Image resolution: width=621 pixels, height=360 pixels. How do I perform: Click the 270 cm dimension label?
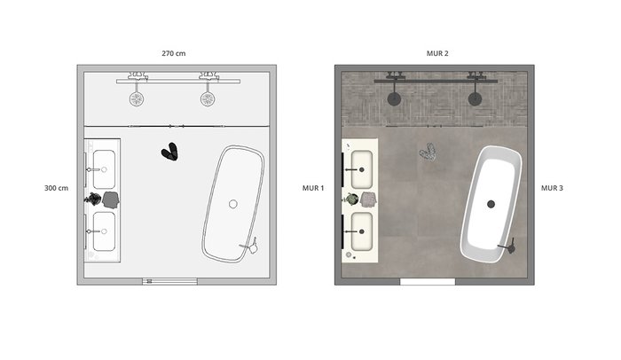point(174,53)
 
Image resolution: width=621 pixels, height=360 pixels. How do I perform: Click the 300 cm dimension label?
point(56,188)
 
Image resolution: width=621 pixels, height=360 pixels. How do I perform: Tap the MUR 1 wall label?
point(313,188)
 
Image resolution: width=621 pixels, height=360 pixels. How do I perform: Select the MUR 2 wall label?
point(437,53)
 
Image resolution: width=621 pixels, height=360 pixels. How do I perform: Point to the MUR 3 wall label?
point(552,188)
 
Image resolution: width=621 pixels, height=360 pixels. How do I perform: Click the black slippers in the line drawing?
point(170,152)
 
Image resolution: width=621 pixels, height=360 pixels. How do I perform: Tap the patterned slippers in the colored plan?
point(428,153)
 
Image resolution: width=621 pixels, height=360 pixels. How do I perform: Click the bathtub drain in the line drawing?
point(233,204)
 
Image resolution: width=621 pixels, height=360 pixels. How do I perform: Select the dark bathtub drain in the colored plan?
point(491,204)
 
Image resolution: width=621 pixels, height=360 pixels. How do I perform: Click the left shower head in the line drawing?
point(137,98)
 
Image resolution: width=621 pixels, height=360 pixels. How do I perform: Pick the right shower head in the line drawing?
point(208,98)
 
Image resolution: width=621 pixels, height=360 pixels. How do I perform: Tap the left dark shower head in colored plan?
point(394,98)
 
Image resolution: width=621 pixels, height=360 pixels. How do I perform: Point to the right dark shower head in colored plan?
point(475,98)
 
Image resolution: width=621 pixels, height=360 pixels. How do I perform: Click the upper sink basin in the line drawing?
point(104,169)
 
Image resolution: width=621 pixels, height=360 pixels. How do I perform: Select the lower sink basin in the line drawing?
point(104,231)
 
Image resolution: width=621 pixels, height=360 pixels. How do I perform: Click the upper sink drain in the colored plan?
point(362,170)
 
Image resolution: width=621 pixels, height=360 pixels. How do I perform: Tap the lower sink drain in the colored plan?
point(362,231)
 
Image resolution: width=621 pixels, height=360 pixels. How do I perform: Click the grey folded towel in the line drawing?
point(111,200)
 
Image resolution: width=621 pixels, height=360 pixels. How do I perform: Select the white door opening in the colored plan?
point(428,282)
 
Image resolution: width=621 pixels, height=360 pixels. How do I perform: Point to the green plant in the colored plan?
point(351,199)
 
